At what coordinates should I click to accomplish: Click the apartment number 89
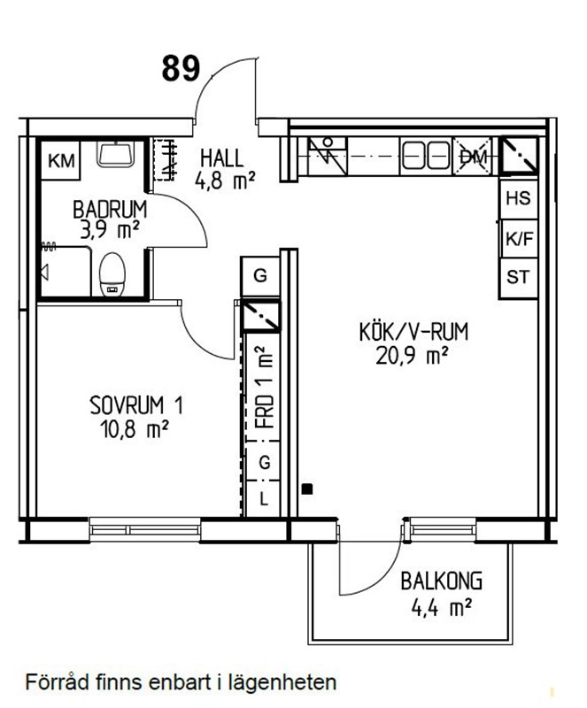[x=181, y=69]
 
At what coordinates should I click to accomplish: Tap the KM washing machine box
[x=60, y=160]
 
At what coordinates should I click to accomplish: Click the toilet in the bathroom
[x=112, y=274]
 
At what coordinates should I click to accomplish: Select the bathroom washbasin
[x=116, y=154]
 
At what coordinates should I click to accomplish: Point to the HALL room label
[x=222, y=158]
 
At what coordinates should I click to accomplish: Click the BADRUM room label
[x=110, y=210]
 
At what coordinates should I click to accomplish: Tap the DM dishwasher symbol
[x=472, y=157]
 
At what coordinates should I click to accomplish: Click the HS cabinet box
[x=518, y=198]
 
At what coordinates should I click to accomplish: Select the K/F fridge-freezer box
[x=519, y=239]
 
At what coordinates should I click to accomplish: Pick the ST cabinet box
[x=518, y=278]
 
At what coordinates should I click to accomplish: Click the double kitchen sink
[x=426, y=157]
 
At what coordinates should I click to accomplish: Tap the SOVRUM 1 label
[x=136, y=405]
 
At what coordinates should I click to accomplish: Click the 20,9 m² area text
[x=412, y=357]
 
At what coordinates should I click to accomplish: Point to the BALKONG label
[x=442, y=581]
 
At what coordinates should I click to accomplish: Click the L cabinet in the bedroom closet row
[x=264, y=498]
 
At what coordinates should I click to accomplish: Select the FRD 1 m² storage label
[x=265, y=387]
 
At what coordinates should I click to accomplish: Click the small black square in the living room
[x=307, y=489]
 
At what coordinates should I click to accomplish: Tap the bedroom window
[x=145, y=529]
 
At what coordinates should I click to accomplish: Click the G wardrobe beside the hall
[x=260, y=276]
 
